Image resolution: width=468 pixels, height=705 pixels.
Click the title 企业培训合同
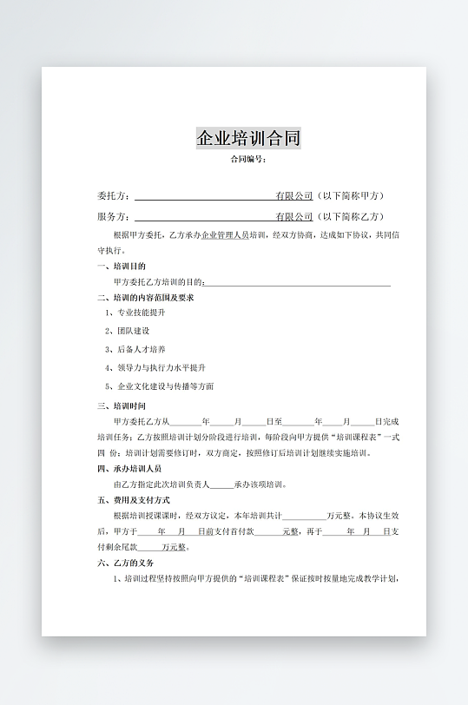pyautogui.click(x=248, y=138)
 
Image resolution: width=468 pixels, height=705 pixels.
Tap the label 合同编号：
pyautogui.click(x=247, y=159)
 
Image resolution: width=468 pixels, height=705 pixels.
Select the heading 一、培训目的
pyautogui.click(x=122, y=267)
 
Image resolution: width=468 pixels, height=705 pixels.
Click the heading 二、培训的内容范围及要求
pyautogui.click(x=145, y=298)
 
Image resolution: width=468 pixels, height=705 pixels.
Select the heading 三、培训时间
pyautogui.click(x=122, y=405)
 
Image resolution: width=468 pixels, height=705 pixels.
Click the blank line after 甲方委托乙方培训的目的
pyautogui.click(x=297, y=282)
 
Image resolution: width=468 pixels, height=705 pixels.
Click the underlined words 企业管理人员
pyautogui.click(x=225, y=235)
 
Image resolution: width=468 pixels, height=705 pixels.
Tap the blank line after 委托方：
pyautogui.click(x=204, y=196)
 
